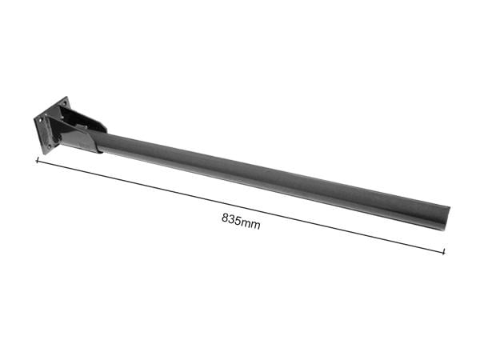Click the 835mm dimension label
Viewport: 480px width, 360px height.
(x=241, y=222)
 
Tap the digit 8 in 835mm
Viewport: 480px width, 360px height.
(x=225, y=218)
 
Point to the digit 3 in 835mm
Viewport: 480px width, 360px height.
(x=231, y=219)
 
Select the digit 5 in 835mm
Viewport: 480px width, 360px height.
(x=238, y=221)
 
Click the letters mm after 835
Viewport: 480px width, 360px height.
(x=250, y=224)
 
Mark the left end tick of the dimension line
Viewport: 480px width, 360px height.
(x=37, y=161)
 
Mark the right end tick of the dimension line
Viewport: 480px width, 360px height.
(x=444, y=251)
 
